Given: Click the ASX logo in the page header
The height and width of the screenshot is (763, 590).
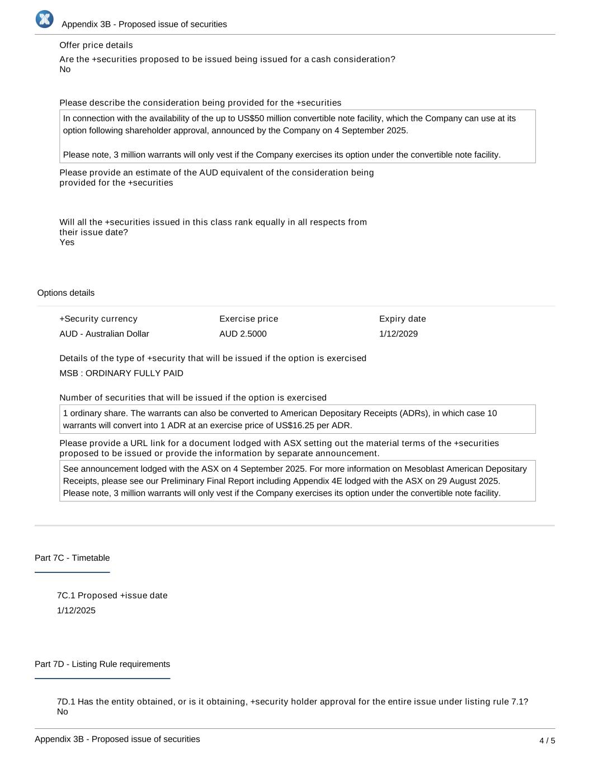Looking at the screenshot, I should (x=44, y=19).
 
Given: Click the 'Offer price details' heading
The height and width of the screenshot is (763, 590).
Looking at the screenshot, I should (x=96, y=45).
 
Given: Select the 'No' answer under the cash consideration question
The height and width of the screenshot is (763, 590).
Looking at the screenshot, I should (x=65, y=69).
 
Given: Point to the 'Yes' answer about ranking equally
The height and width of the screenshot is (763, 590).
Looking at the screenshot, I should (x=67, y=242).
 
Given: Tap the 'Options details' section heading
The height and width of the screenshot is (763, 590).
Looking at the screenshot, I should (x=66, y=293).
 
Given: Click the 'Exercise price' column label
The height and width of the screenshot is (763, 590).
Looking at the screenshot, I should (x=248, y=319).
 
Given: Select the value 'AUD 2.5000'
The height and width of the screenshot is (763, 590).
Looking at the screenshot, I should (x=243, y=334).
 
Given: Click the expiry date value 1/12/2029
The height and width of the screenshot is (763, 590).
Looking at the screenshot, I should (x=398, y=334).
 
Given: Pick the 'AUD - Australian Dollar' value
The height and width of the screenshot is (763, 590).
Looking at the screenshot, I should (x=104, y=334).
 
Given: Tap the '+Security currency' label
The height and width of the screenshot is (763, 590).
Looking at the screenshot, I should (x=98, y=319).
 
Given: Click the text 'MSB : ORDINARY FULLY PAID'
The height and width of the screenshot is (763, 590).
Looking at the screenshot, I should (x=121, y=373).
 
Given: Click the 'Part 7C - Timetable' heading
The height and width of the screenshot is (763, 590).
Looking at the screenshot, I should (x=72, y=558).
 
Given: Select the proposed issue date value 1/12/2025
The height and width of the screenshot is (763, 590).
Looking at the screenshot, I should (x=76, y=610).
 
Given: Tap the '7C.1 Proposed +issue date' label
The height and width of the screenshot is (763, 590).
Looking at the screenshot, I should (x=112, y=595).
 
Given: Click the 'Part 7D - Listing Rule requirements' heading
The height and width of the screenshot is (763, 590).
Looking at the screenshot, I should (x=102, y=664).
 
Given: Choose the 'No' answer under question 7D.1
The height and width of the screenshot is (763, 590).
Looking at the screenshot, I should (x=62, y=712).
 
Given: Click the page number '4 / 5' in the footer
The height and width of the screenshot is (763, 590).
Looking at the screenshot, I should (x=547, y=741).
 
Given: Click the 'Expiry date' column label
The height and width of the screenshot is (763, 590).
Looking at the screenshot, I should (x=402, y=319).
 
